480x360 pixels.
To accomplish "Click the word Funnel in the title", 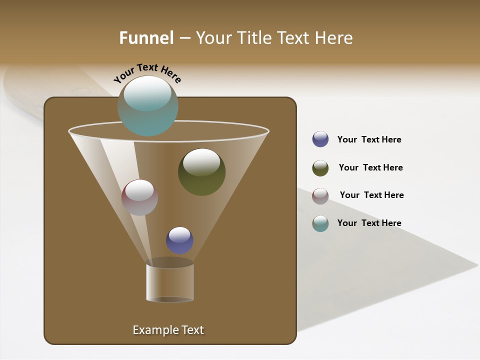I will pyautogui.click(x=146, y=37).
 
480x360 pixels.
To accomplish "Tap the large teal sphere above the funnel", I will pyautogui.click(x=147, y=106).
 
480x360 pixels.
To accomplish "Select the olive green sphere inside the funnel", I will pyautogui.click(x=201, y=172).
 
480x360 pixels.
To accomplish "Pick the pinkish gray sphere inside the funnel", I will pyautogui.click(x=139, y=197).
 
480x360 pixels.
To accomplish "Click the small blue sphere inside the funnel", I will pyautogui.click(x=179, y=240).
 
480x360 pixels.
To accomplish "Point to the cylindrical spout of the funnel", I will pyautogui.click(x=170, y=282).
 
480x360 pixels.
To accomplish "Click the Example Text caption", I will pyautogui.click(x=168, y=330).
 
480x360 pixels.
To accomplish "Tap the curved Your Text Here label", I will pyautogui.click(x=147, y=72).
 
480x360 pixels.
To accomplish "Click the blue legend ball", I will pyautogui.click(x=320, y=139).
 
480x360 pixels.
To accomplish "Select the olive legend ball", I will pyautogui.click(x=320, y=168).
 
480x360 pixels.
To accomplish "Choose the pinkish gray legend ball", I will pyautogui.click(x=320, y=196).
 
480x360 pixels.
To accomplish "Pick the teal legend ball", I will pyautogui.click(x=320, y=223).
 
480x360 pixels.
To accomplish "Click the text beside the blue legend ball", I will pyautogui.click(x=369, y=139).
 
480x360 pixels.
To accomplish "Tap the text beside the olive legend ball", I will pyautogui.click(x=370, y=167).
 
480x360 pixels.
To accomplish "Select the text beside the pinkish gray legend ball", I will pyautogui.click(x=371, y=195).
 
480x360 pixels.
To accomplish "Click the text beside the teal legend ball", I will pyautogui.click(x=369, y=223).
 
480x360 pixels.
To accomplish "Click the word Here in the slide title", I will pyautogui.click(x=335, y=37).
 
